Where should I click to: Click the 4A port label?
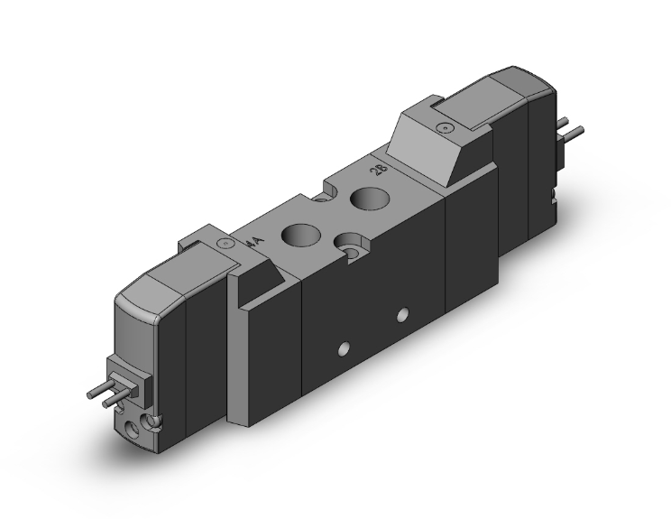pyautogui.click(x=255, y=241)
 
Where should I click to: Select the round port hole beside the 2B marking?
pyautogui.click(x=367, y=198)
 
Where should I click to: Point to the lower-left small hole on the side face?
pyautogui.click(x=342, y=348)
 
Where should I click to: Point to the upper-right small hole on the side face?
pyautogui.click(x=402, y=314)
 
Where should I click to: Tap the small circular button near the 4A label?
pyautogui.click(x=224, y=244)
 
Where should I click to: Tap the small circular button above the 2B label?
pyautogui.click(x=440, y=129)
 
